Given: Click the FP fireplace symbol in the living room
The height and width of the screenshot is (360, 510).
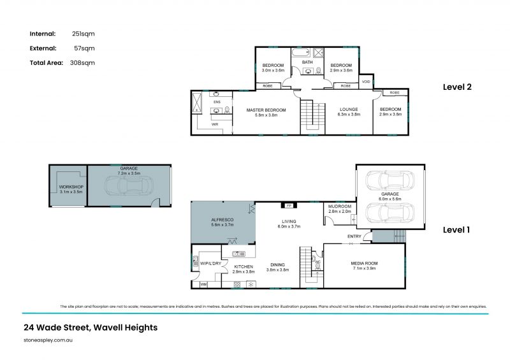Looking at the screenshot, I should (x=288, y=206).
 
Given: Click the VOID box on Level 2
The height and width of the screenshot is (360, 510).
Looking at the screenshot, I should (x=365, y=82).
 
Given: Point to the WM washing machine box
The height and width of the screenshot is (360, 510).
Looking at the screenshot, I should (x=204, y=284).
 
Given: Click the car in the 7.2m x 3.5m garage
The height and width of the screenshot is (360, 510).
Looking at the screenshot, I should (x=128, y=187).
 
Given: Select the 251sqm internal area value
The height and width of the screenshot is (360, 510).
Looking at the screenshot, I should (x=83, y=33).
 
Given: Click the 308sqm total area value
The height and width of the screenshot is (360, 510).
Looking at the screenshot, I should (x=83, y=62).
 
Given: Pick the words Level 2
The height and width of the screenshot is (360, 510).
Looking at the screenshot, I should (x=457, y=88).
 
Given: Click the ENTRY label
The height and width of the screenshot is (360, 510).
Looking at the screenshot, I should (x=354, y=237).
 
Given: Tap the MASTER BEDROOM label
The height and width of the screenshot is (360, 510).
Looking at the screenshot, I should (x=266, y=110).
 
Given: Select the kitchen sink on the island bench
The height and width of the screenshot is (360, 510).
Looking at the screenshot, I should (x=235, y=254).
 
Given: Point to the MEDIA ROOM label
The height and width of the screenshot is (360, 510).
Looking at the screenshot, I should (x=363, y=263).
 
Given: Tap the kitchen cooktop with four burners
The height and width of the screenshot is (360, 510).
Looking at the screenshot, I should (x=251, y=284).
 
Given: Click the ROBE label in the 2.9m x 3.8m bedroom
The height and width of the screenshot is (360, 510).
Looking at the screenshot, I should (x=395, y=93).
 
